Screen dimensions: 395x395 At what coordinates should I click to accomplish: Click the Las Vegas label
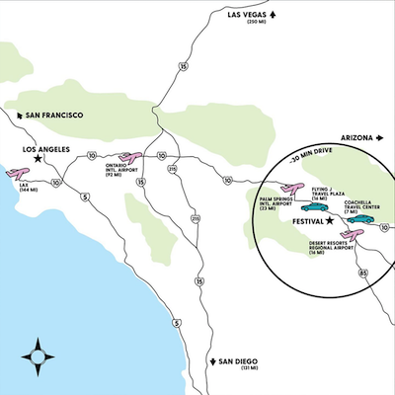pyautogui.click(x=247, y=14)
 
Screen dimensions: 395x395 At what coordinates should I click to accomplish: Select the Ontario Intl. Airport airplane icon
pyautogui.click(x=128, y=158)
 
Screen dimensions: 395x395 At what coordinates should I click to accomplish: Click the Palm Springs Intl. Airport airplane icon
pyautogui.click(x=290, y=189)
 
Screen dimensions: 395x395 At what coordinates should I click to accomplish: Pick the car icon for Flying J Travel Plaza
pyautogui.click(x=326, y=207)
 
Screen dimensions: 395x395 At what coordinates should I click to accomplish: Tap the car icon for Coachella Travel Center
pyautogui.click(x=359, y=218)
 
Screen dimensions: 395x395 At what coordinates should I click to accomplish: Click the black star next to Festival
pyautogui.click(x=331, y=219)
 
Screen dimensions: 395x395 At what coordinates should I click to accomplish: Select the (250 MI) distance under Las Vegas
pyautogui.click(x=257, y=23)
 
